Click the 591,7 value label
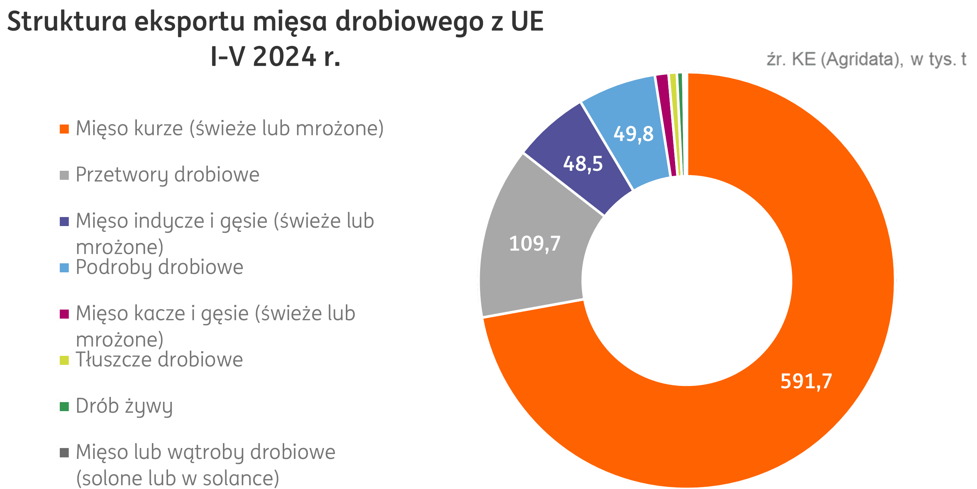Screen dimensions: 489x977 coord(806,381)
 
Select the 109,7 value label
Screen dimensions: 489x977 coord(535,243)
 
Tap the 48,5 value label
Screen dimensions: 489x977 coord(583,164)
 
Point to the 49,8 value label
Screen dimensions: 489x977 coord(633,134)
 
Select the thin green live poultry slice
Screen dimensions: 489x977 coord(680,125)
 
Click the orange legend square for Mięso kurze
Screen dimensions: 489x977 coord(64,129)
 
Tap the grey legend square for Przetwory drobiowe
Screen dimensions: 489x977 coord(64,175)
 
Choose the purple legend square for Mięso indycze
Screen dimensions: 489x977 coord(64,221)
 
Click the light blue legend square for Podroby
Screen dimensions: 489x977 coord(64,268)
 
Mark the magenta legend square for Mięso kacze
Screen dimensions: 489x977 coord(64,314)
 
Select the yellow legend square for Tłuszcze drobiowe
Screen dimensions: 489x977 coord(64,360)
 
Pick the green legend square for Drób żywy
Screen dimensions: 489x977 coord(64,407)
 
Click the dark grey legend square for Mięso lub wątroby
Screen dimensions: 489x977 coord(64,453)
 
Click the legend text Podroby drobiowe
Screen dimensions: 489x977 coord(159,267)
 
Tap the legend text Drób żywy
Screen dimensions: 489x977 coord(124,406)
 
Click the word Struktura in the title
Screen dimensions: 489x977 coord(67,22)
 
